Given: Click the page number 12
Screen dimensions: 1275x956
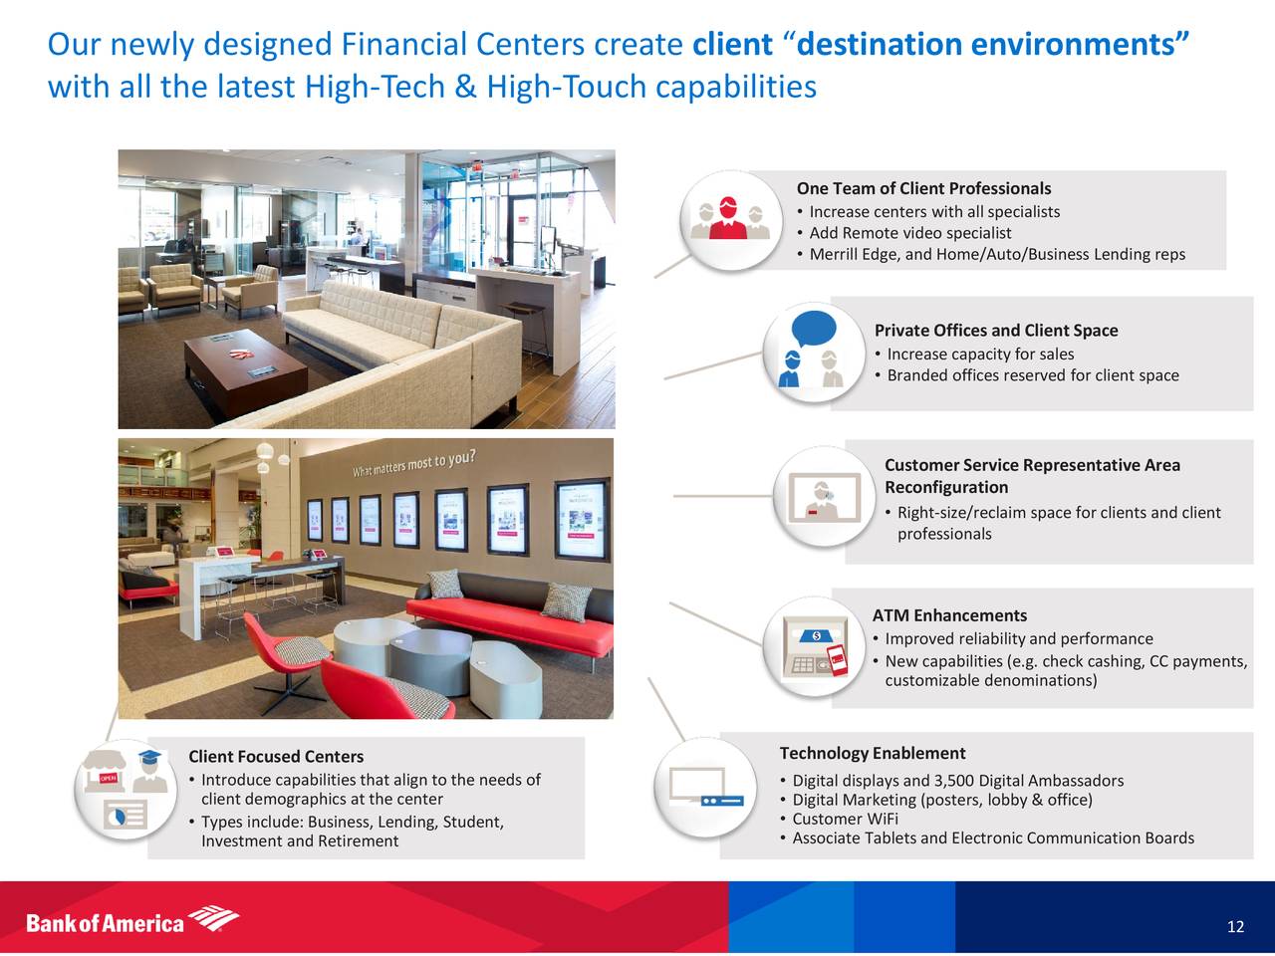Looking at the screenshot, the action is click(1235, 926).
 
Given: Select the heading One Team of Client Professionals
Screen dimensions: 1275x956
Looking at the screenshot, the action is click(923, 188).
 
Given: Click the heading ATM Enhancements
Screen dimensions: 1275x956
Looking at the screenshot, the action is click(949, 615).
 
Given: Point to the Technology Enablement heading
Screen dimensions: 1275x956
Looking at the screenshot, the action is click(873, 753).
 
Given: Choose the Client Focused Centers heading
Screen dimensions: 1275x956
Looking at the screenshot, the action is click(276, 756).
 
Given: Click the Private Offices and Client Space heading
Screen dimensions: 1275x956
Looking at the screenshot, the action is click(996, 331).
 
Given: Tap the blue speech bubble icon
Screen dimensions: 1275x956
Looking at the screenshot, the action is click(814, 329).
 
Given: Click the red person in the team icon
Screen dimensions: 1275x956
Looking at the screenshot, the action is click(728, 218).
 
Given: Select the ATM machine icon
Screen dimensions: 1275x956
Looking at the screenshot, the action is click(815, 646).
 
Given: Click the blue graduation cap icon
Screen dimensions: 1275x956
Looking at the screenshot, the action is click(149, 757).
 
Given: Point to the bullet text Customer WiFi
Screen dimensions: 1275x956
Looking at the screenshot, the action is click(845, 819).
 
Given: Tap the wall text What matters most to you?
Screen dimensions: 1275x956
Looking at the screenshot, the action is click(414, 463).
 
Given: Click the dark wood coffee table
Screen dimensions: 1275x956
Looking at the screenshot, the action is click(246, 369).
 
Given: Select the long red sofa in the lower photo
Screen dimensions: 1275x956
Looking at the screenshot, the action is click(511, 620).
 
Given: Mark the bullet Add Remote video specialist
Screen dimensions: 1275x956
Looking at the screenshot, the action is click(910, 233).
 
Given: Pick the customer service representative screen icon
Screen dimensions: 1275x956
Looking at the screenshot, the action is click(824, 498).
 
